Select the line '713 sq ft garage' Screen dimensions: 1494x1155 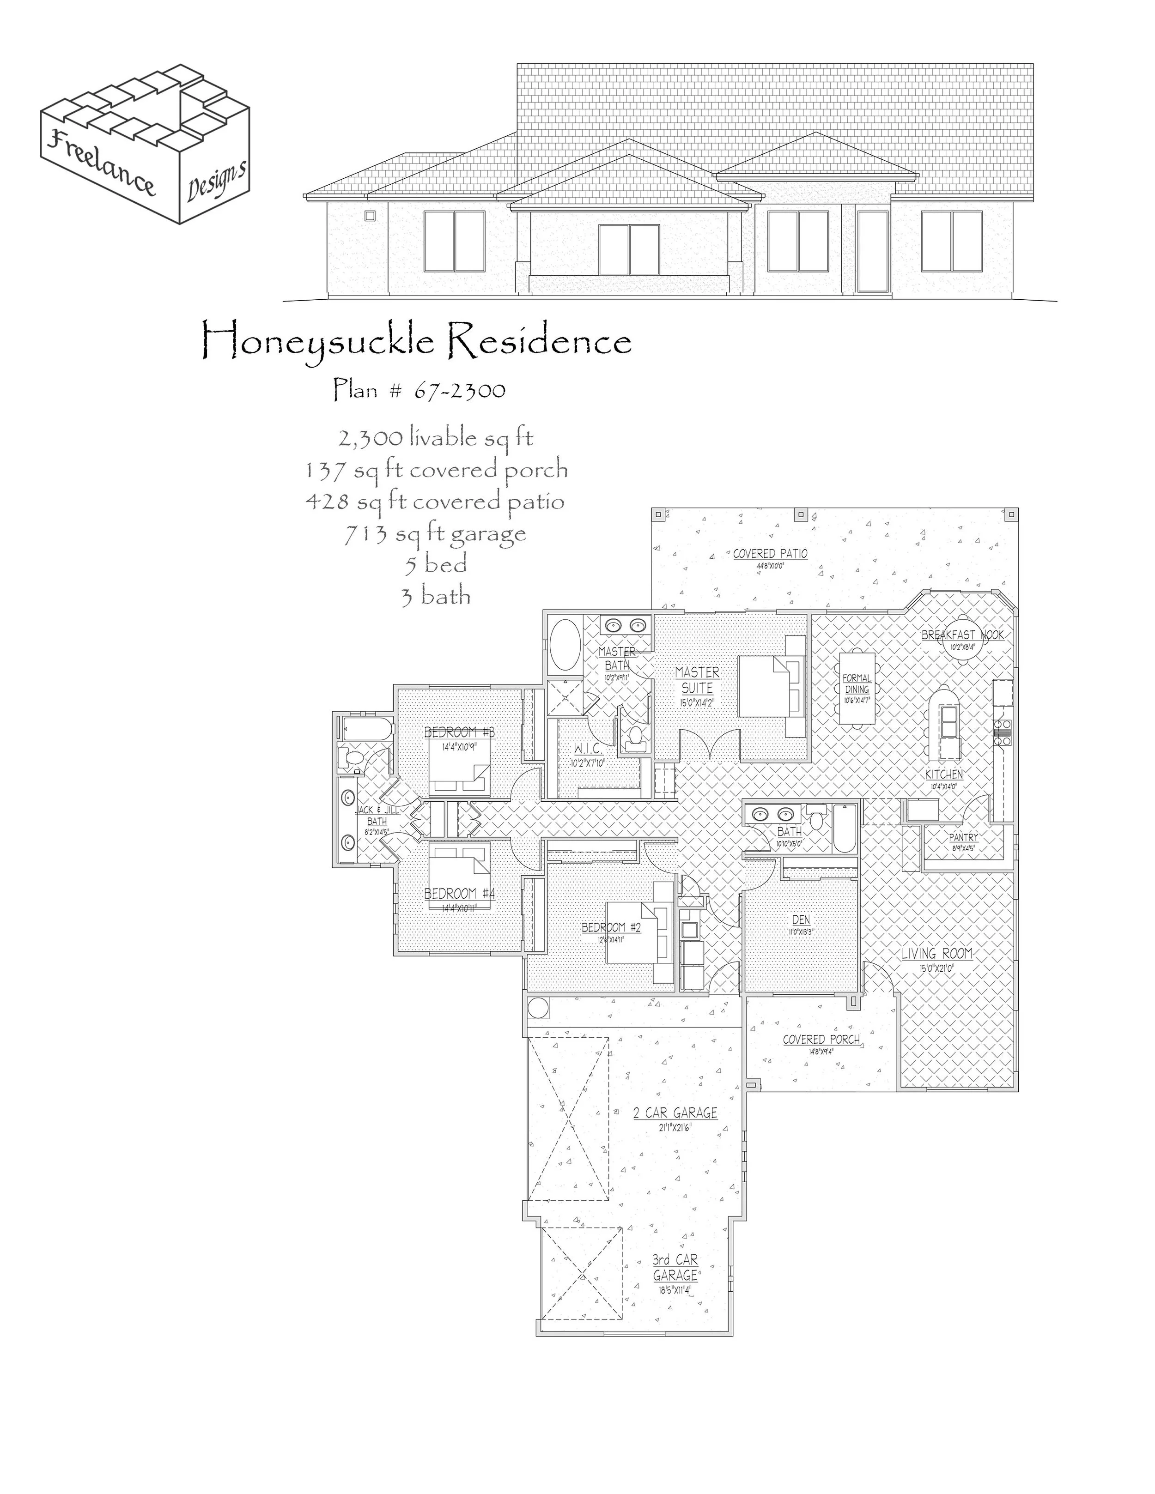435,533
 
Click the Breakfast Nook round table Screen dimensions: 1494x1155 963,647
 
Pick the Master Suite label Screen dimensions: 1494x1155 697,680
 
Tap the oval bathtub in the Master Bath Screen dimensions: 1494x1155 565,645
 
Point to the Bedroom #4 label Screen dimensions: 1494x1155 459,894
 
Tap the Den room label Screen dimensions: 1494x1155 801,920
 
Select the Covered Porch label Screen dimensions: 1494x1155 821,1040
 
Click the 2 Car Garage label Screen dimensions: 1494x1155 675,1113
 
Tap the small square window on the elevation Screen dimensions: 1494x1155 370,216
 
